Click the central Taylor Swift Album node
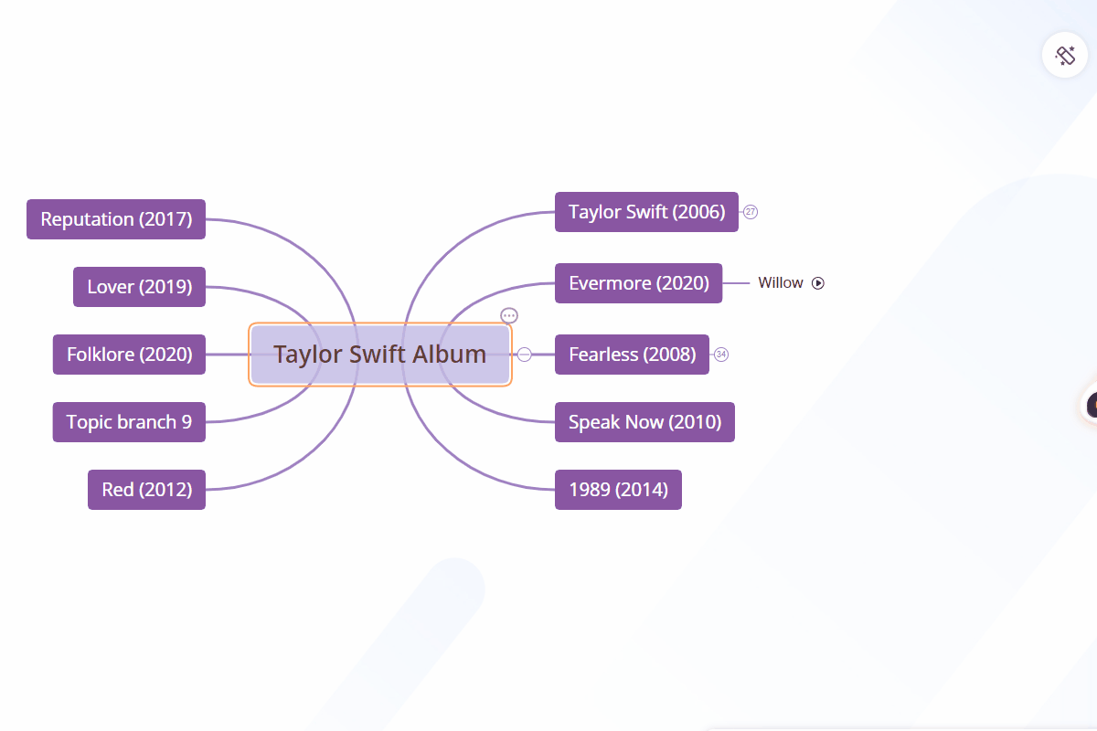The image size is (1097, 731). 379,355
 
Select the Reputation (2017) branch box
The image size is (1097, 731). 116,219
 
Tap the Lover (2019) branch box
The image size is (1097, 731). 139,287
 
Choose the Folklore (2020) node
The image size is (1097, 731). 129,355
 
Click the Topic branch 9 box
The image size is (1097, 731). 129,422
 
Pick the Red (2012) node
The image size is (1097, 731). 146,490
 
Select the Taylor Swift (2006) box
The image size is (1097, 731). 646,212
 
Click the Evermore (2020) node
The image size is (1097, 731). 638,283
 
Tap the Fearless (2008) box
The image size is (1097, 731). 632,355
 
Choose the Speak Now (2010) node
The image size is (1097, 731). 644,422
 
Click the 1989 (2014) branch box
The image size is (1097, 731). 618,490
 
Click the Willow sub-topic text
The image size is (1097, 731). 780,283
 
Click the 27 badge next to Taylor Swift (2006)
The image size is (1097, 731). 751,212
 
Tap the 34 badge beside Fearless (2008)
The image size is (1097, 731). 721,355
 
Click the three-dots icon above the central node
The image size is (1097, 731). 509,316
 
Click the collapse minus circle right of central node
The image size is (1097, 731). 525,355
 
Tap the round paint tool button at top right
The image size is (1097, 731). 1065,55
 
